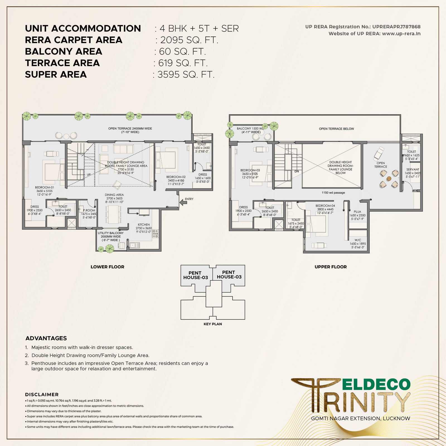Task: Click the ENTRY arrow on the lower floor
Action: click(x=183, y=203)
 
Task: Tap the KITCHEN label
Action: click(x=144, y=224)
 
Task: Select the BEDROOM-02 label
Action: click(x=176, y=177)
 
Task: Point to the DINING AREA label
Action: click(x=114, y=195)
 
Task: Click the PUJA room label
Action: click(x=357, y=212)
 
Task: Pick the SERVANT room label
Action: click(x=413, y=169)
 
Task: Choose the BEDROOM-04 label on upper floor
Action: click(x=325, y=206)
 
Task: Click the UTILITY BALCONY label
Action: click(x=111, y=233)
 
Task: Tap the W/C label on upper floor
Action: click(x=358, y=240)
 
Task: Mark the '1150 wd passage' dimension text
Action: click(x=333, y=193)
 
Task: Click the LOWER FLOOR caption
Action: click(x=107, y=267)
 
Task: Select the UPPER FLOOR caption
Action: click(x=331, y=267)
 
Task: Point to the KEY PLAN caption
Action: click(x=213, y=324)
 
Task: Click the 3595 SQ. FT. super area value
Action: click(x=186, y=74)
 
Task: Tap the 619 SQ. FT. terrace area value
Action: click(x=183, y=63)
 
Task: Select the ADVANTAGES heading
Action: click(x=46, y=338)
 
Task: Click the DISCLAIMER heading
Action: click(x=42, y=394)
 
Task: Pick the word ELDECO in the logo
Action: click(x=376, y=384)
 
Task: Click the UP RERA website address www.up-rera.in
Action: click(x=401, y=34)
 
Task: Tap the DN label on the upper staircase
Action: click(x=297, y=171)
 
